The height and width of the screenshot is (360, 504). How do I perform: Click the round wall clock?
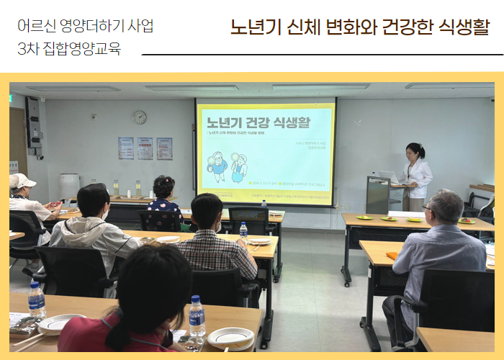(139, 117)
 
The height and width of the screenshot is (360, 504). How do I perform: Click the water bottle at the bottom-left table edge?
(36, 300)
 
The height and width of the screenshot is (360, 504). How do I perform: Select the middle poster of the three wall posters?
(145, 148)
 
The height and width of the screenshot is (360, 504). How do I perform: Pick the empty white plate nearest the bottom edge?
(230, 337)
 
